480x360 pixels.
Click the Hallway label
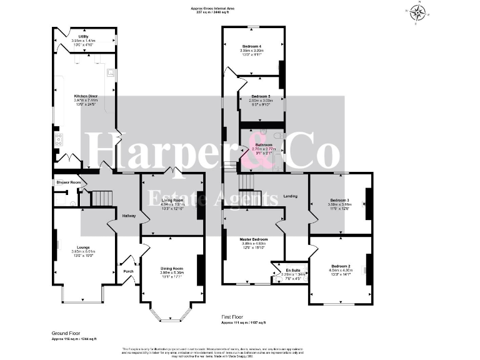coord(129,216)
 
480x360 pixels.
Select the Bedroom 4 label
coord(252,47)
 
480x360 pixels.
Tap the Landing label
coord(289,196)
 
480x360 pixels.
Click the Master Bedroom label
coord(254,239)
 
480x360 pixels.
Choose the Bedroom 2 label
coord(340,266)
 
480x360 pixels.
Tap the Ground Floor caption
coord(64,334)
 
